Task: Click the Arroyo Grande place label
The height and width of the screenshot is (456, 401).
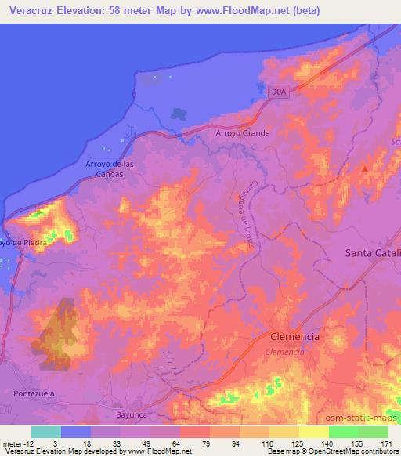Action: click(243, 133)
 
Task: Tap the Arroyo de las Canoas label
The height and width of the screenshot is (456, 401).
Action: click(104, 168)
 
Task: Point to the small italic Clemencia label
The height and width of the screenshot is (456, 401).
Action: click(285, 352)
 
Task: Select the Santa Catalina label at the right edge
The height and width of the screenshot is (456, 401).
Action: click(373, 253)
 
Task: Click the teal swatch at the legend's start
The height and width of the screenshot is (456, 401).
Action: click(46, 432)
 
